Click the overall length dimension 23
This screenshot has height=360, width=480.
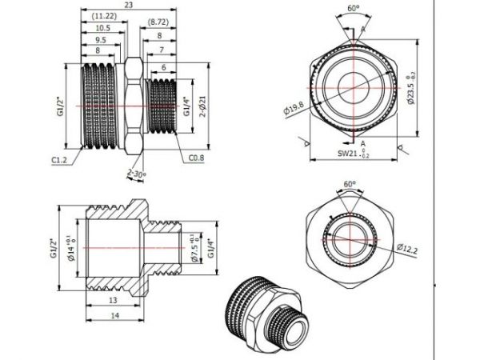(x=128, y=5)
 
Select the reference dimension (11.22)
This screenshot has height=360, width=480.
(x=102, y=16)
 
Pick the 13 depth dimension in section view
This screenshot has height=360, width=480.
(x=112, y=300)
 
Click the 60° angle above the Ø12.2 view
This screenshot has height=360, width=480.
(x=350, y=184)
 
